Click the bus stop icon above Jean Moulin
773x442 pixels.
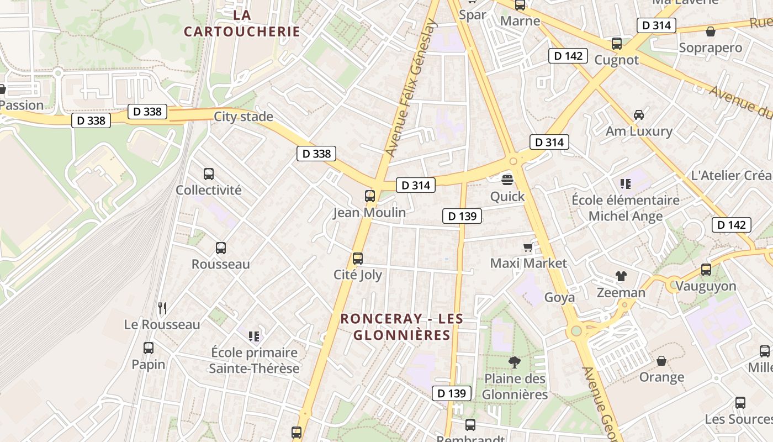[x=370, y=196]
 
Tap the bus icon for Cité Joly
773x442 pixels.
[x=358, y=258]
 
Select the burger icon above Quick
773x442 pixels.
[x=507, y=180]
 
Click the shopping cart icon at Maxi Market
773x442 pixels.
[x=528, y=247]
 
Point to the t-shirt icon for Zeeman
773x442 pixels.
[x=621, y=276]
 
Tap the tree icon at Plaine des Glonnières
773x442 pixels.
[x=515, y=362]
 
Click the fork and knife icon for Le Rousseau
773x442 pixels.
[x=162, y=308]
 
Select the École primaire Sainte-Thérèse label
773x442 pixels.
[x=254, y=360]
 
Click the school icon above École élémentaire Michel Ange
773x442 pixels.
[x=625, y=183]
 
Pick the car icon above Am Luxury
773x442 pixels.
[x=639, y=115]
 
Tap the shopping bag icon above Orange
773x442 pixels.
[x=661, y=361]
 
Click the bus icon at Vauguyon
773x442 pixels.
[x=706, y=270]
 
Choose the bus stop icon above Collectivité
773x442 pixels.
[x=209, y=173]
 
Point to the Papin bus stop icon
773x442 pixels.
[x=148, y=348]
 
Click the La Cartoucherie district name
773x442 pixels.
[x=242, y=23]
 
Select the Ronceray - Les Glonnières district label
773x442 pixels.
[x=401, y=327]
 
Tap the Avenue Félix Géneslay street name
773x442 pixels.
[x=411, y=88]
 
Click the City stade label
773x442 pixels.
[x=243, y=116]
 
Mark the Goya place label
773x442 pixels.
[x=559, y=297]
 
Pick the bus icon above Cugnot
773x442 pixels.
[x=617, y=43]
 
